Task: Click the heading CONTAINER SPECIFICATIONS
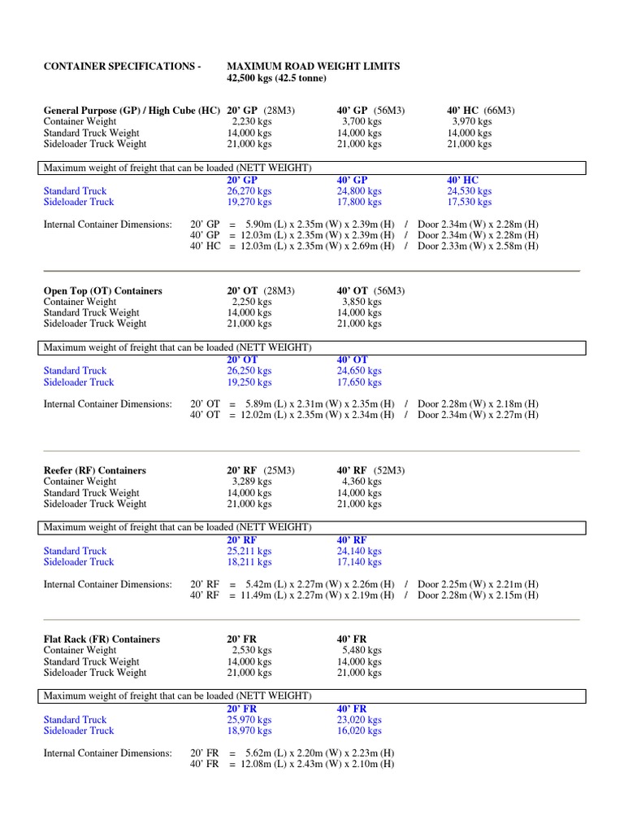[121, 67]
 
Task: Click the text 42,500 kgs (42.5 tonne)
[276, 78]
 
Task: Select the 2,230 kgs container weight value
[252, 122]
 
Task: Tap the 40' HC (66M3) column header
[480, 111]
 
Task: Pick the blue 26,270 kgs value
[249, 191]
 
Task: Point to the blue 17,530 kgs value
[469, 202]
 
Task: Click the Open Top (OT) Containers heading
[102, 290]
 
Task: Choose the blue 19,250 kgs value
[249, 382]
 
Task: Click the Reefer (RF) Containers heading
[94, 470]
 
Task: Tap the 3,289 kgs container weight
[252, 482]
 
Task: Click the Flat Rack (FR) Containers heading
[102, 639]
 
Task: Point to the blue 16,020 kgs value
[359, 731]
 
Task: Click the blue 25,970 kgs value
[249, 720]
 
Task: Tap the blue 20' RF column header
[242, 539]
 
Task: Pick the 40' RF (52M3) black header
[370, 470]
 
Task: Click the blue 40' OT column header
[353, 360]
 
